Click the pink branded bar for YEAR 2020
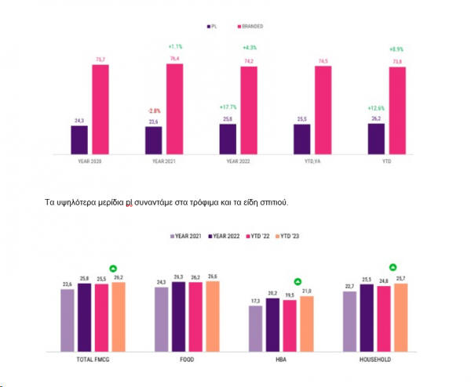click(x=100, y=109)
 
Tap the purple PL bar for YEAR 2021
click(x=154, y=140)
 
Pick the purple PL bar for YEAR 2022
click(x=228, y=139)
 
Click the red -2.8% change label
click(x=153, y=111)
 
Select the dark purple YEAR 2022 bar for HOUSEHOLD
click(x=366, y=318)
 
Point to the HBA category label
click(x=278, y=360)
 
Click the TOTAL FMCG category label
click(x=93, y=360)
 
